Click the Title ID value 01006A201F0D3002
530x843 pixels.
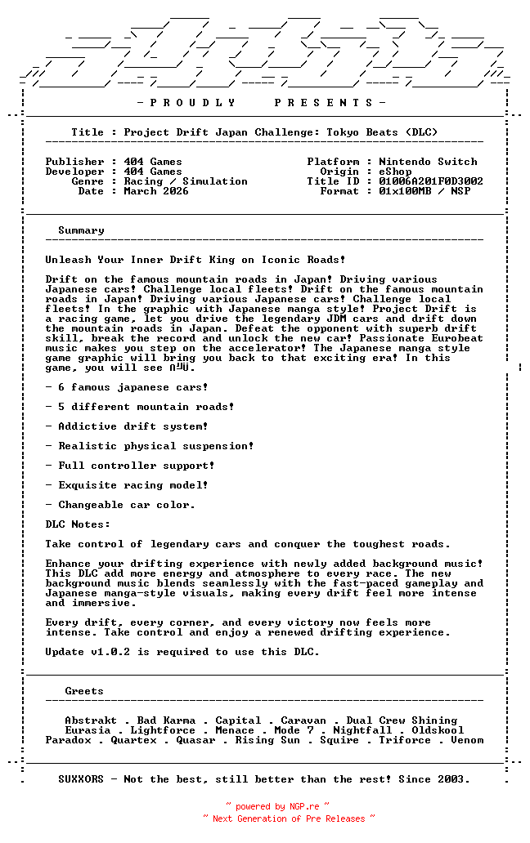(x=431, y=181)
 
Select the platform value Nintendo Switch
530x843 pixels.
(x=428, y=162)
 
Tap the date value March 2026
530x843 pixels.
(x=156, y=191)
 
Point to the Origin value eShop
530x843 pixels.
(x=395, y=172)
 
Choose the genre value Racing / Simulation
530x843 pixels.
(x=186, y=181)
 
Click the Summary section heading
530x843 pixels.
(x=81, y=230)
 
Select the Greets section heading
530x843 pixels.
(x=84, y=691)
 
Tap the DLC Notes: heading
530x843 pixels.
(x=78, y=524)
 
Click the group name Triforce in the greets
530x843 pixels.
(x=405, y=740)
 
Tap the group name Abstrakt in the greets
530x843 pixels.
(x=91, y=720)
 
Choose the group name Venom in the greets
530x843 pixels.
(x=467, y=740)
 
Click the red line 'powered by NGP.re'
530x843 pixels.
(x=277, y=806)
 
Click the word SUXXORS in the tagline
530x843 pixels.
(x=81, y=779)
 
